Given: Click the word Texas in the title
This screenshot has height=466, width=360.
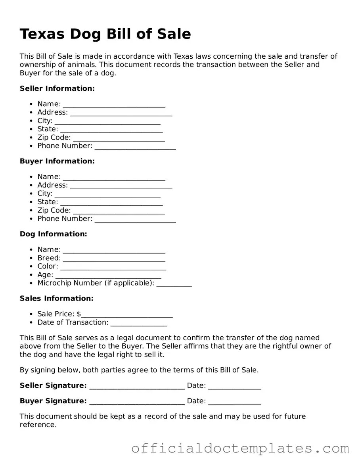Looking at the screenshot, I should click(42, 34).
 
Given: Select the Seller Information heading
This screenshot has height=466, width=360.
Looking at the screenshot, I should click(57, 88).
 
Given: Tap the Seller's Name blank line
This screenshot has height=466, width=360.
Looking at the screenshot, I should click(114, 105).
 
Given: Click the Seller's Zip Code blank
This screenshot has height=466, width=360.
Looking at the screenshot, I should click(119, 138).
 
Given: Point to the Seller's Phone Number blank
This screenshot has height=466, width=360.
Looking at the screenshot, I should click(135, 146).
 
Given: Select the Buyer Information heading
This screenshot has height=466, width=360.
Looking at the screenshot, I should click(57, 161).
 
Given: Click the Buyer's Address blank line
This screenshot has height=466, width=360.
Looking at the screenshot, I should click(121, 186).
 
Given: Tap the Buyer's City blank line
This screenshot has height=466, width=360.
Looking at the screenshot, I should click(107, 194).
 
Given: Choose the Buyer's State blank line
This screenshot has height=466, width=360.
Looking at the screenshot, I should click(111, 202).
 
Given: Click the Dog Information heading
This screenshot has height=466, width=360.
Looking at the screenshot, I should click(53, 234).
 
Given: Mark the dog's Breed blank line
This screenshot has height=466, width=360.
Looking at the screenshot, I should click(114, 259).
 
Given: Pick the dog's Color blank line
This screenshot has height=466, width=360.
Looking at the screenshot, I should click(113, 267).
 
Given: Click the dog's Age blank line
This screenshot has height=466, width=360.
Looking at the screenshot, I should click(108, 275).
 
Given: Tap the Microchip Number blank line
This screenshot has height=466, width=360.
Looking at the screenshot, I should click(174, 284).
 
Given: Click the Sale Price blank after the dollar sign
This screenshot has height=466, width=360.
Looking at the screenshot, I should click(127, 315).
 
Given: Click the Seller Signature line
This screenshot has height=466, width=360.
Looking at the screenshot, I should click(137, 386).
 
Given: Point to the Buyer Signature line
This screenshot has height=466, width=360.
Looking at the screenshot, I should click(137, 401).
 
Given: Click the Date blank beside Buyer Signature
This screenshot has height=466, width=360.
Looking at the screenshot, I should click(234, 401).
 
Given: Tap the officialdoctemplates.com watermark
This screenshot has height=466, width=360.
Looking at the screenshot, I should click(240, 448).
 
